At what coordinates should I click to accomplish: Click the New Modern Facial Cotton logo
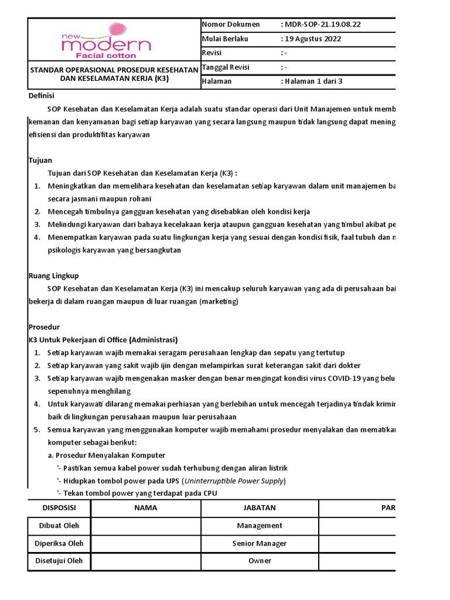tap(107, 41)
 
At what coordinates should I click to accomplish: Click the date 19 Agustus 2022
tap(313, 39)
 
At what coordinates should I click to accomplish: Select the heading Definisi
tap(42, 96)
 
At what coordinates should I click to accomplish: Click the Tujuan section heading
tap(40, 160)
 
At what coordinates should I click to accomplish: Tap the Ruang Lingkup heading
tap(53, 275)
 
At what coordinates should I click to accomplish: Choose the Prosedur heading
tap(44, 327)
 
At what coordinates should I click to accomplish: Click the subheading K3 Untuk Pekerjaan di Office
tap(103, 340)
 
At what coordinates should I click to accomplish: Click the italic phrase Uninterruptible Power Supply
tap(234, 480)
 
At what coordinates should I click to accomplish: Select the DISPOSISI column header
tap(59, 507)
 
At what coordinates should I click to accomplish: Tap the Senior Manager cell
tap(260, 543)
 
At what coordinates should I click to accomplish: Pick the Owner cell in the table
tap(260, 561)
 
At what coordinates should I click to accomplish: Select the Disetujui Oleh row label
tap(59, 561)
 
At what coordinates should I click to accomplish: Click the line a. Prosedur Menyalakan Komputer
tap(106, 455)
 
